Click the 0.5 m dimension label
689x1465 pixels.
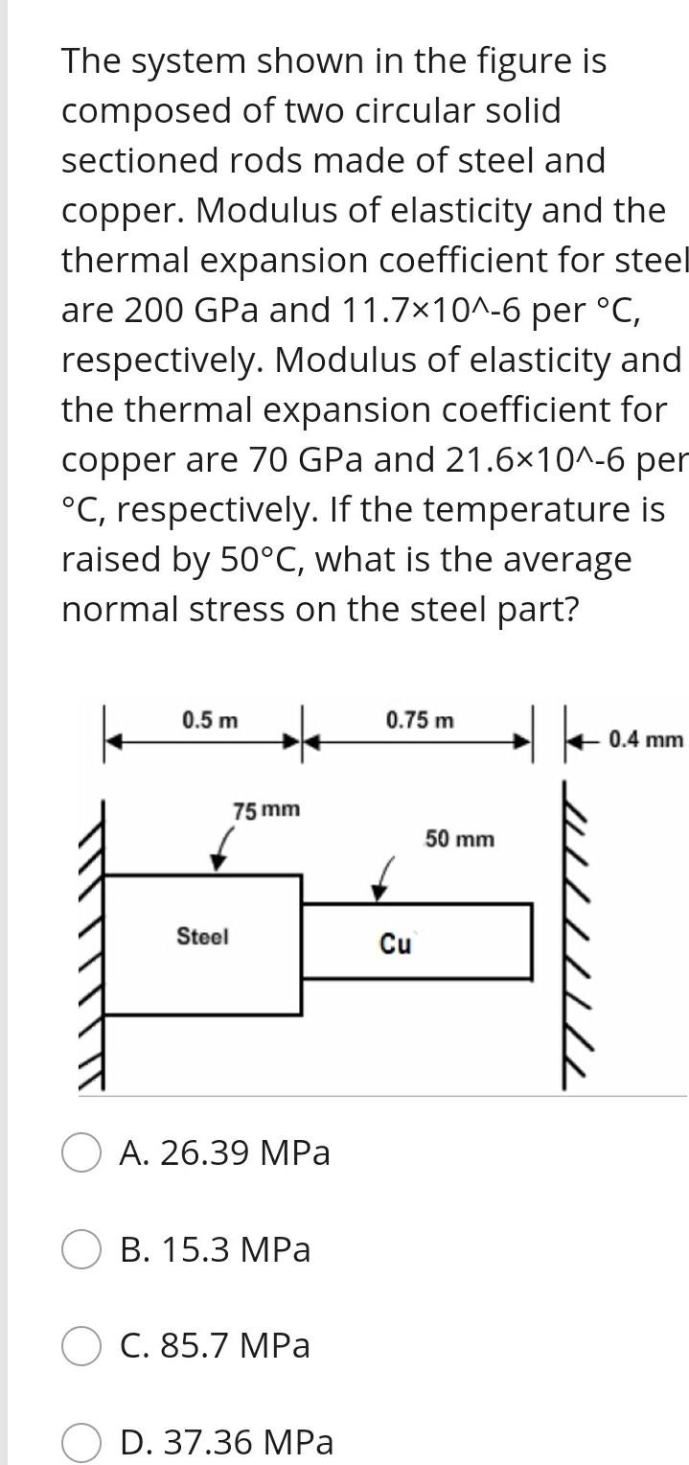(x=211, y=720)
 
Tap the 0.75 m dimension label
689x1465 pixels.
(x=420, y=720)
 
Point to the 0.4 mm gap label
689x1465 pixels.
(x=646, y=739)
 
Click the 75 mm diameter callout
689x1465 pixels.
(x=266, y=810)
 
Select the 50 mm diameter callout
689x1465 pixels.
(x=460, y=840)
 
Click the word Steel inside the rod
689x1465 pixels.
(x=202, y=937)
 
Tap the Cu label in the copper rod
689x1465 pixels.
(x=395, y=944)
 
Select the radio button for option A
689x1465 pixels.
(x=81, y=1152)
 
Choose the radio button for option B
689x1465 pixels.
(x=81, y=1250)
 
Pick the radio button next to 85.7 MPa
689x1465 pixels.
(x=81, y=1346)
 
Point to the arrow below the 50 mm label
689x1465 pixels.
(x=383, y=880)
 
